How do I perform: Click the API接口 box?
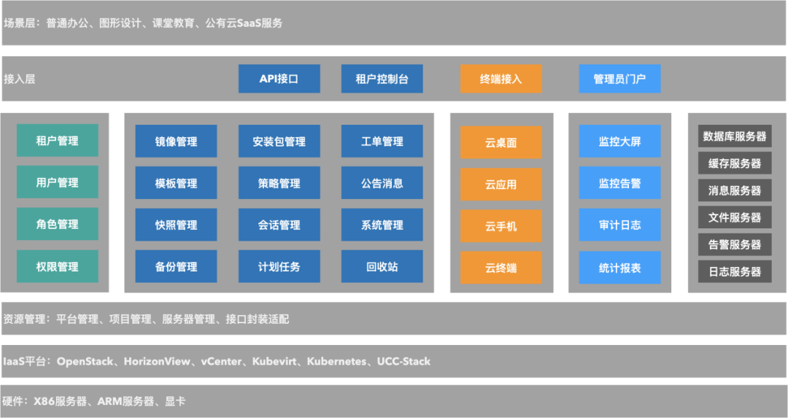click(x=279, y=79)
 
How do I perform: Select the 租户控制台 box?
click(x=382, y=79)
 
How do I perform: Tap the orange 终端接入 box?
click(x=501, y=79)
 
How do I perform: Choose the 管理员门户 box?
click(x=619, y=79)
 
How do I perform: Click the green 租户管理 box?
click(x=57, y=141)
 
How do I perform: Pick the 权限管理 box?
click(x=57, y=267)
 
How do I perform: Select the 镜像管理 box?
click(x=176, y=142)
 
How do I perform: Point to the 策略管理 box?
click(x=279, y=183)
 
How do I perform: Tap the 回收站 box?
click(x=382, y=267)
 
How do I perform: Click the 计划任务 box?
click(x=279, y=267)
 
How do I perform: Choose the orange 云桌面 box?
click(x=501, y=143)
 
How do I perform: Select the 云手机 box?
click(x=501, y=226)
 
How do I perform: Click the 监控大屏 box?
click(x=619, y=142)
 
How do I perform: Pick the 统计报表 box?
click(x=619, y=268)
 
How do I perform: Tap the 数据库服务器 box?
click(x=734, y=136)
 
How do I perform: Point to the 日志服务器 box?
click(x=734, y=271)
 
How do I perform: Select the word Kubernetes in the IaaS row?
click(x=336, y=361)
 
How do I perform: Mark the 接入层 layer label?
click(x=19, y=79)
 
